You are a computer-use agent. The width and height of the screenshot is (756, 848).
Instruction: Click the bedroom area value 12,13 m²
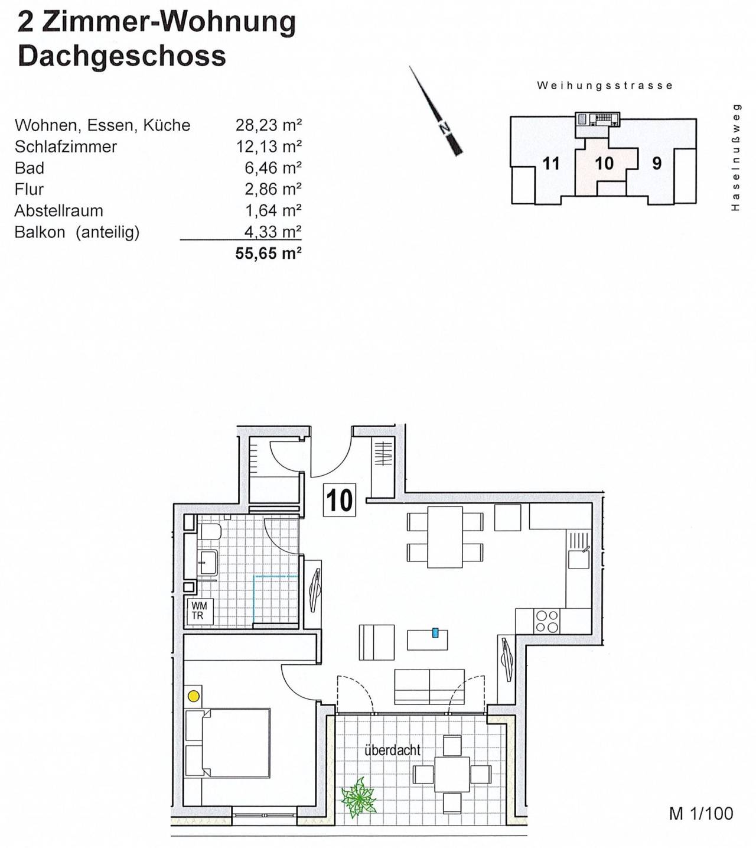[269, 147]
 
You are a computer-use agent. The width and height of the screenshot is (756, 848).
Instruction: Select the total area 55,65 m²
[269, 254]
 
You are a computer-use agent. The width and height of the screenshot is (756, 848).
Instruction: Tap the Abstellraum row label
[58, 210]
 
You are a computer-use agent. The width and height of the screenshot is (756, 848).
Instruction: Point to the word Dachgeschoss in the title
[122, 57]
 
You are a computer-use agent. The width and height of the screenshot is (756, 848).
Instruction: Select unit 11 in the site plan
[550, 163]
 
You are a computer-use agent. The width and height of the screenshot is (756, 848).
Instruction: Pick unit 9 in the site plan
[657, 163]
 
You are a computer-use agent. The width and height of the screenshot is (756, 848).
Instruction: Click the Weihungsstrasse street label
[605, 86]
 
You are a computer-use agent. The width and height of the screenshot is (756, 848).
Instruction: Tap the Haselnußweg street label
[735, 157]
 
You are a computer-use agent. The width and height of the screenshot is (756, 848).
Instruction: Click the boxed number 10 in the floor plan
[339, 500]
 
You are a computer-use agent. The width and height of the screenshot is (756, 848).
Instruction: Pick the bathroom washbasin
[207, 563]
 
